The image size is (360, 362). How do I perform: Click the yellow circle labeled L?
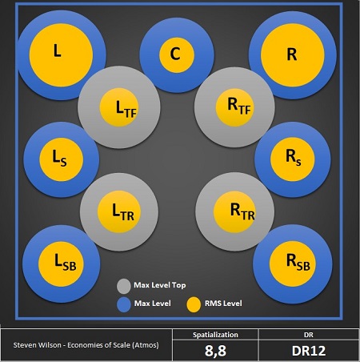pos(61,55)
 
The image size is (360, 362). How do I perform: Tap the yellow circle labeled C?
pos(177,55)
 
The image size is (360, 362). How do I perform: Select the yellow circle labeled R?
pos(293,55)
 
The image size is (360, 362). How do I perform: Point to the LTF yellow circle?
pos(119,107)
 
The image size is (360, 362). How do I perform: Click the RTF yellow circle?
pos(235,107)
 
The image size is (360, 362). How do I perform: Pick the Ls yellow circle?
pos(62,159)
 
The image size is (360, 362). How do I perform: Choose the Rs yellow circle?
pos(293,159)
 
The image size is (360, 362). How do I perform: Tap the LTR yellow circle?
pos(118,211)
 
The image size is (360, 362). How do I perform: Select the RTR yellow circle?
pos(234,212)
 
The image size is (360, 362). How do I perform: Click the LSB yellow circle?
pos(61,264)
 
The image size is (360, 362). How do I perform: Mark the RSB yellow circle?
pos(293,264)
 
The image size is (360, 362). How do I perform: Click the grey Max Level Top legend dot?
pos(124,286)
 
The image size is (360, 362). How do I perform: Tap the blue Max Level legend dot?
pos(124,304)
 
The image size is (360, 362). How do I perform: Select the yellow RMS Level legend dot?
pos(194,304)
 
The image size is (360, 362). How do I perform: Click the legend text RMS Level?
pos(223,304)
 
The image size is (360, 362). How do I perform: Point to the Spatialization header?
pos(215,335)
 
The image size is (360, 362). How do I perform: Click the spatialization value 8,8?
pos(215,351)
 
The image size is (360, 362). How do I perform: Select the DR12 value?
pos(309,351)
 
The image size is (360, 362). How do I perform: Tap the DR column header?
pos(309,335)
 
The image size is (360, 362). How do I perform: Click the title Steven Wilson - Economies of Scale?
pos(86,345)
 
